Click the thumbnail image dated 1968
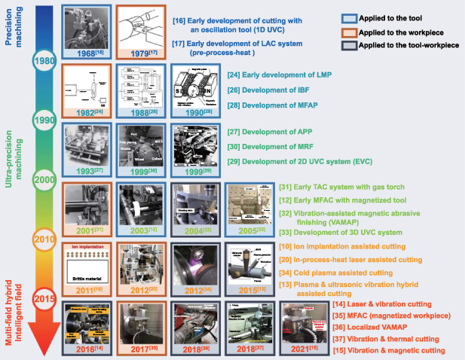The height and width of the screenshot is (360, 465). coord(87,29)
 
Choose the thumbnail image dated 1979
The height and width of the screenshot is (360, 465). coord(142,29)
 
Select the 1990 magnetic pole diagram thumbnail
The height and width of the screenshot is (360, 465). coord(198,90)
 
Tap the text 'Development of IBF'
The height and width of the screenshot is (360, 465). coord(273,87)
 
